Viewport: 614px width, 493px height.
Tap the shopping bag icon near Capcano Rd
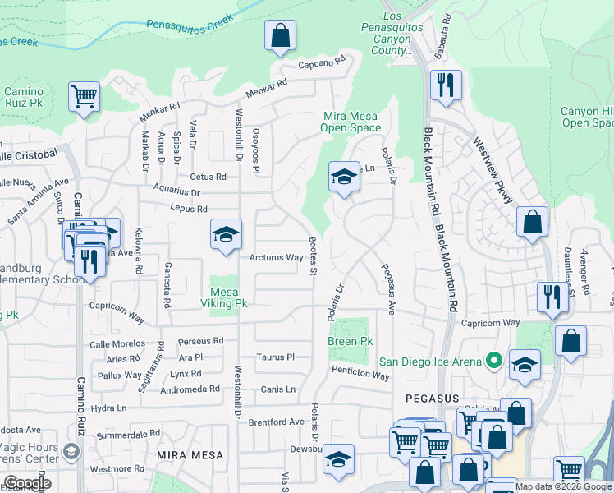pyautogui.click(x=280, y=36)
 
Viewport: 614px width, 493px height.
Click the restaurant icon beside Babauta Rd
pyautogui.click(x=446, y=85)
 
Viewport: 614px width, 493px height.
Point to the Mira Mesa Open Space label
pyautogui.click(x=351, y=122)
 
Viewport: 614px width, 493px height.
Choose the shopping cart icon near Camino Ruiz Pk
pyautogui.click(x=85, y=97)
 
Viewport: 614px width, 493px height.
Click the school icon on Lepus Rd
pyautogui.click(x=226, y=235)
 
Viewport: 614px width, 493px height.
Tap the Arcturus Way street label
pyautogui.click(x=277, y=258)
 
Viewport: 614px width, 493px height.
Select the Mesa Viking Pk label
pyautogui.click(x=229, y=297)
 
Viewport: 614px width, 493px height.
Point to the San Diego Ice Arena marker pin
pyautogui.click(x=494, y=360)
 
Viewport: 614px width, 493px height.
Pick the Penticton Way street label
pyautogui.click(x=360, y=375)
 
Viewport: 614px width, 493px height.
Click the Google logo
pyautogui.click(x=27, y=483)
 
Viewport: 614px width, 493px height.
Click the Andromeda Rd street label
pyautogui.click(x=191, y=389)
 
